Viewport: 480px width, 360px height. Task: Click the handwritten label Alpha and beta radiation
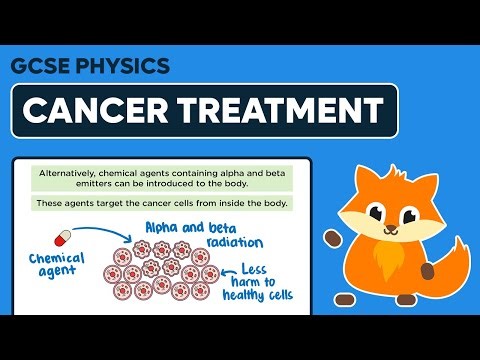click(x=191, y=234)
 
